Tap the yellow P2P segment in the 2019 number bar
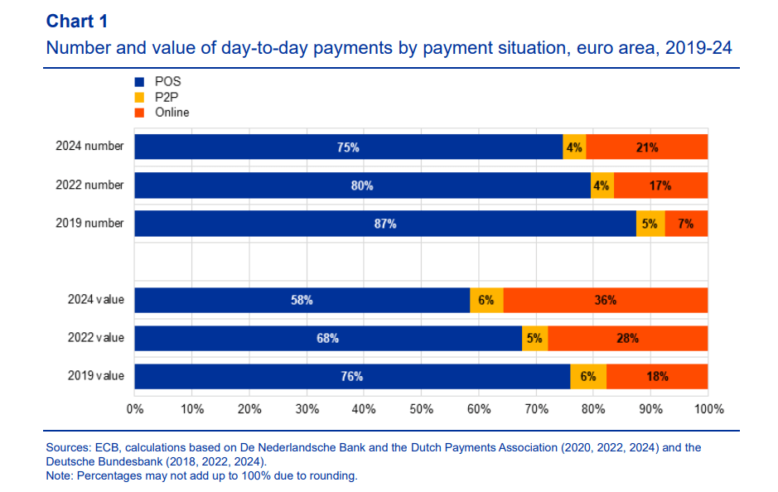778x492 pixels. point(650,224)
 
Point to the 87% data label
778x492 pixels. point(385,224)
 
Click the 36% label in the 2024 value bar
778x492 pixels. point(605,301)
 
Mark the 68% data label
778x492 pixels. point(326,338)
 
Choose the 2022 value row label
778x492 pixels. point(95,338)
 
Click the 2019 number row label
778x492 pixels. point(89,224)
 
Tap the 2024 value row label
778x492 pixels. point(95,300)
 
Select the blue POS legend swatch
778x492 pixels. point(139,82)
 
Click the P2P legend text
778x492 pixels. point(167,97)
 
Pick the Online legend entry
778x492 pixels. point(172,112)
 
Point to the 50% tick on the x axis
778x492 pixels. point(421,409)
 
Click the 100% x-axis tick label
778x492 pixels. point(709,409)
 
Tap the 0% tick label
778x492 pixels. point(135,409)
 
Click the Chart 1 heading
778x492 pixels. point(76,21)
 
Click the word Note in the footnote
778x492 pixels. point(59,476)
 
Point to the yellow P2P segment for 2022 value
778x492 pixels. point(535,338)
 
